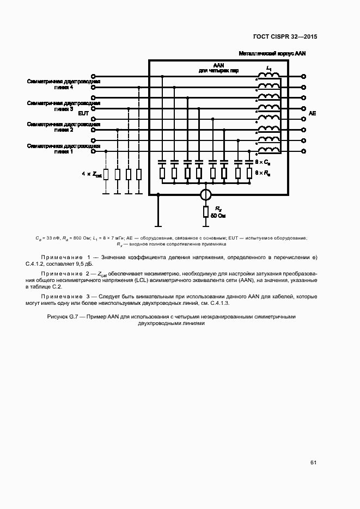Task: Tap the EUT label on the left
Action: (83, 113)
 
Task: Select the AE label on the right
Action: (312, 113)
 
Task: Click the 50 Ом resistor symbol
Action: (205, 212)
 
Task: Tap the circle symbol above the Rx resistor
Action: (205, 193)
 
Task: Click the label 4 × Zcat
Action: (91, 174)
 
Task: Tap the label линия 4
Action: (64, 87)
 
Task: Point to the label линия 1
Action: (64, 151)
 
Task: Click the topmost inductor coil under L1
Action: (269, 76)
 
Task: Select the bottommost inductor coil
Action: (269, 151)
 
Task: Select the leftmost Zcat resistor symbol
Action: (106, 174)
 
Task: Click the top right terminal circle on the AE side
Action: (304, 77)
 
